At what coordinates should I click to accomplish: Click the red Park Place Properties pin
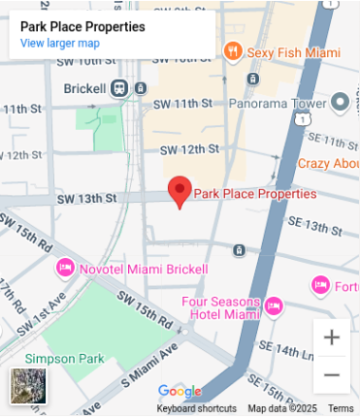coord(180,190)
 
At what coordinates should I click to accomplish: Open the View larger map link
coord(59,44)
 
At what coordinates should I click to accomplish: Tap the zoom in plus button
coord(332,338)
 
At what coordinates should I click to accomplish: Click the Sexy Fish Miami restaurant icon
coord(233,50)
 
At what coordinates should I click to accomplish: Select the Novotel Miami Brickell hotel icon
coord(65,267)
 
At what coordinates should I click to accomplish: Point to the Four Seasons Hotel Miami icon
coord(274,306)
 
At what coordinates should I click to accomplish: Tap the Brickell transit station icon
coord(119,88)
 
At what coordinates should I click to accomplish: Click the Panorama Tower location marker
coord(340,102)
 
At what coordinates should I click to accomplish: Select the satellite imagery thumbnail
coord(24,385)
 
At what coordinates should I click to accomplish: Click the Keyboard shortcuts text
coord(197,408)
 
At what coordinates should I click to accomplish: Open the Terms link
coord(341,408)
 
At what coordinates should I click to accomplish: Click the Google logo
coord(180,392)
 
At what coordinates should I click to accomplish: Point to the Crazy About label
coord(328,164)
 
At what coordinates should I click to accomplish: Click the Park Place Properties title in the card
coord(82,27)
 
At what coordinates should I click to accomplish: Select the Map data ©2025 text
coord(282,408)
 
